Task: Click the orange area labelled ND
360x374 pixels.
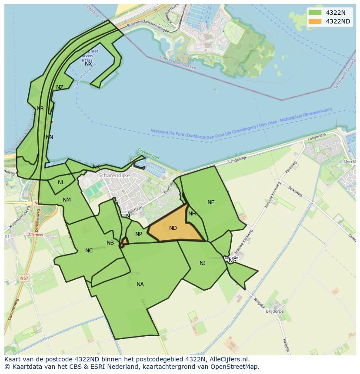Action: pyautogui.click(x=173, y=228)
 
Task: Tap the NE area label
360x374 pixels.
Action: pyautogui.click(x=211, y=202)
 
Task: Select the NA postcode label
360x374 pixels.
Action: pyautogui.click(x=140, y=285)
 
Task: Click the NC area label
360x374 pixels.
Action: pyautogui.click(x=89, y=251)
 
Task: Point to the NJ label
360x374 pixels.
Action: pyautogui.click(x=203, y=263)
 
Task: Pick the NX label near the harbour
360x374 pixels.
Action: pyautogui.click(x=88, y=64)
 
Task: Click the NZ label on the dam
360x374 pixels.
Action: pyautogui.click(x=60, y=87)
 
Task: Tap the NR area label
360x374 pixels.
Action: pyautogui.click(x=40, y=109)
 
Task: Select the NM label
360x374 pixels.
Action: pyautogui.click(x=67, y=200)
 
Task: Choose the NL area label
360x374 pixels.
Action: pyautogui.click(x=61, y=182)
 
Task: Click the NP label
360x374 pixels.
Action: pyautogui.click(x=139, y=234)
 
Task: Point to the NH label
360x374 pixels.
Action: pyautogui.click(x=192, y=214)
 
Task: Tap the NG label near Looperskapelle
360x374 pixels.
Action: pyautogui.click(x=233, y=261)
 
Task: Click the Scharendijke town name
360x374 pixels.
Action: pyautogui.click(x=114, y=175)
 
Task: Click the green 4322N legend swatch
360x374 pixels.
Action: pyautogui.click(x=315, y=13)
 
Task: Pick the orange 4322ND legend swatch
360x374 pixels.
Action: pyautogui.click(x=315, y=21)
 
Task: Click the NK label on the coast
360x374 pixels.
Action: pyautogui.click(x=96, y=167)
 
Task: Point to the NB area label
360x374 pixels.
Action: pyautogui.click(x=110, y=243)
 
